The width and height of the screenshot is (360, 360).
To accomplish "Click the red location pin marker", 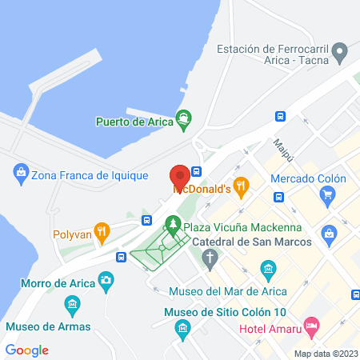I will (x=179, y=175).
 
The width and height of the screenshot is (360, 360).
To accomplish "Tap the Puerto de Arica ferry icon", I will (x=184, y=121).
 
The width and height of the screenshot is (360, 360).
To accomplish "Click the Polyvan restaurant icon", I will (x=102, y=234).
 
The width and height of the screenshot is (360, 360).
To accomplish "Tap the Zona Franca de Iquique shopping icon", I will (x=20, y=170).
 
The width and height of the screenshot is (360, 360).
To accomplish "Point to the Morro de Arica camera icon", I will (x=106, y=280).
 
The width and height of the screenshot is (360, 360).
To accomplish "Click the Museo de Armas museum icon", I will (x=73, y=305).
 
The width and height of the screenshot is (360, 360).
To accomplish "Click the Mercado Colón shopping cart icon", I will (x=326, y=194).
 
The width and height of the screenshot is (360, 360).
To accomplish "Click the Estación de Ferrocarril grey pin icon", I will (x=339, y=54).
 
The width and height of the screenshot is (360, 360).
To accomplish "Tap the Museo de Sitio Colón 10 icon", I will (x=182, y=327).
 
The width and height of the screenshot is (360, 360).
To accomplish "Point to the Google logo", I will (x=26, y=350).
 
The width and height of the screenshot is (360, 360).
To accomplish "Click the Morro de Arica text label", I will (x=47, y=282).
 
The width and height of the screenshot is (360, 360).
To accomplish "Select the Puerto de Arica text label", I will (x=133, y=122).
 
